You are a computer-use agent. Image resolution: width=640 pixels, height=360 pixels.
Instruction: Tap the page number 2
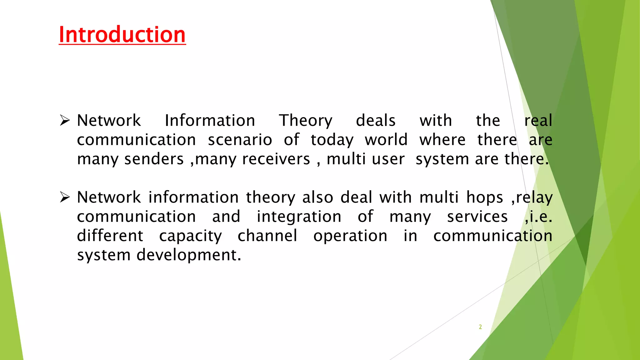480,327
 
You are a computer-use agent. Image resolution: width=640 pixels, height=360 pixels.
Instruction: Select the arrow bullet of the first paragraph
65,120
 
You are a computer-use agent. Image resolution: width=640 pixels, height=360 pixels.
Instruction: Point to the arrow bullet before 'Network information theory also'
65,197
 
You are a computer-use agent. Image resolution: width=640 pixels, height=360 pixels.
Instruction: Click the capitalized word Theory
306,121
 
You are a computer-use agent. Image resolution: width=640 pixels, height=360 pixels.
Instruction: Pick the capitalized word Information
210,121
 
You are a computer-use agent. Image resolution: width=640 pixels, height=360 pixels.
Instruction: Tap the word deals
376,121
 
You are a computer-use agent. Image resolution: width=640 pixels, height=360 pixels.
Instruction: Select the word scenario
240,140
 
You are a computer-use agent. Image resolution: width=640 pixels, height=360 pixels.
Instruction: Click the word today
332,140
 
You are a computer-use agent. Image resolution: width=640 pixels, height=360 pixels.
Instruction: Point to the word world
386,140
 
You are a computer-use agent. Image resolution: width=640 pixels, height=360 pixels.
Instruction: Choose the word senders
154,159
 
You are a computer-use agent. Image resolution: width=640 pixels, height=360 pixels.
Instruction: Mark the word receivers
276,159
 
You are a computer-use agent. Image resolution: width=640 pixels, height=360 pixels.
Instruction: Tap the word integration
299,217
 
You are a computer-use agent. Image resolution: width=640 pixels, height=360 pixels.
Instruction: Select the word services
477,217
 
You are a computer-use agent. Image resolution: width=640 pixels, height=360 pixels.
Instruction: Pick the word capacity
190,236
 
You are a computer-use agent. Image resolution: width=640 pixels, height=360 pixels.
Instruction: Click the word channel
267,236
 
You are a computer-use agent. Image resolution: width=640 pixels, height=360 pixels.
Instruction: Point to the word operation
350,236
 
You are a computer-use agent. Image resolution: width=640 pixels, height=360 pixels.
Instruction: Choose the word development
189,255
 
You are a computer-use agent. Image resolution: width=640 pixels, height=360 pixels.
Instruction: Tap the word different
110,236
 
